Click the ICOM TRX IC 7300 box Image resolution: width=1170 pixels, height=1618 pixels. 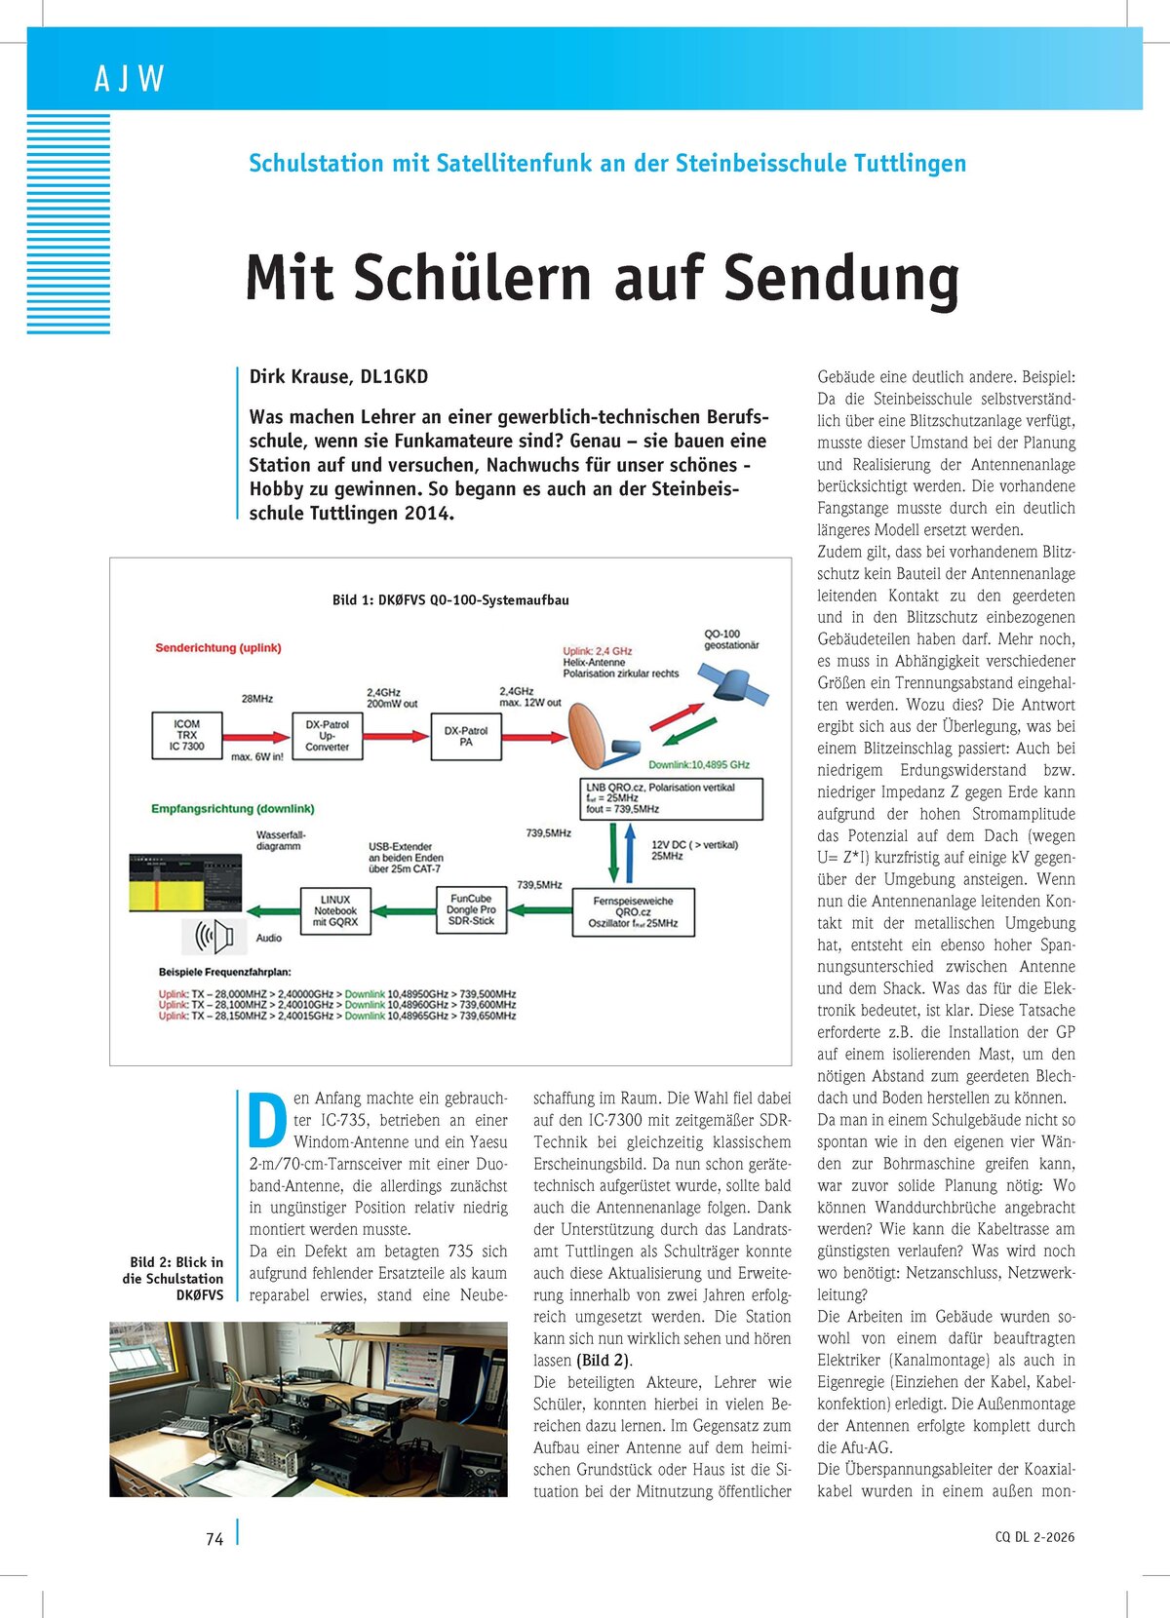click(x=186, y=735)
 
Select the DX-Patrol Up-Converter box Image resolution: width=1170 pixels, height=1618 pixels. click(x=327, y=736)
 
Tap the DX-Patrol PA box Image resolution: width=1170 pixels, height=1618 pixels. click(x=466, y=736)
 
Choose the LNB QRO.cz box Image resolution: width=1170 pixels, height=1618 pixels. click(x=672, y=798)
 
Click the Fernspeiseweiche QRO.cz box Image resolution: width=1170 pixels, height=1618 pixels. click(x=633, y=912)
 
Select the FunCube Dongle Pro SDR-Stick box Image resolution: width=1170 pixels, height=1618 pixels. click(x=471, y=909)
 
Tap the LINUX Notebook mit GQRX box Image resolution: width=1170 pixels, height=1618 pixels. click(x=335, y=910)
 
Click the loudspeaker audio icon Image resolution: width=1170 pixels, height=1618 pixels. click(x=214, y=938)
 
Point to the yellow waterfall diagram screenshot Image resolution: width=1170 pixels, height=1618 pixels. click(x=185, y=883)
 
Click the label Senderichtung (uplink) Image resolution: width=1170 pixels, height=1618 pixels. click(x=218, y=647)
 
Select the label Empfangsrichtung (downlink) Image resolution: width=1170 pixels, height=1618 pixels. click(x=232, y=808)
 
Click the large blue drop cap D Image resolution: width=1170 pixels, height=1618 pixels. click(x=267, y=1120)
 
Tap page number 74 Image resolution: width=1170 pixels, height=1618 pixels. click(x=214, y=1538)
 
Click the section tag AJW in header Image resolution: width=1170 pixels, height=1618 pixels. click(x=129, y=78)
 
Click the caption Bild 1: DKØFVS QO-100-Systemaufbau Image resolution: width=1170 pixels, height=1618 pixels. click(x=450, y=599)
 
